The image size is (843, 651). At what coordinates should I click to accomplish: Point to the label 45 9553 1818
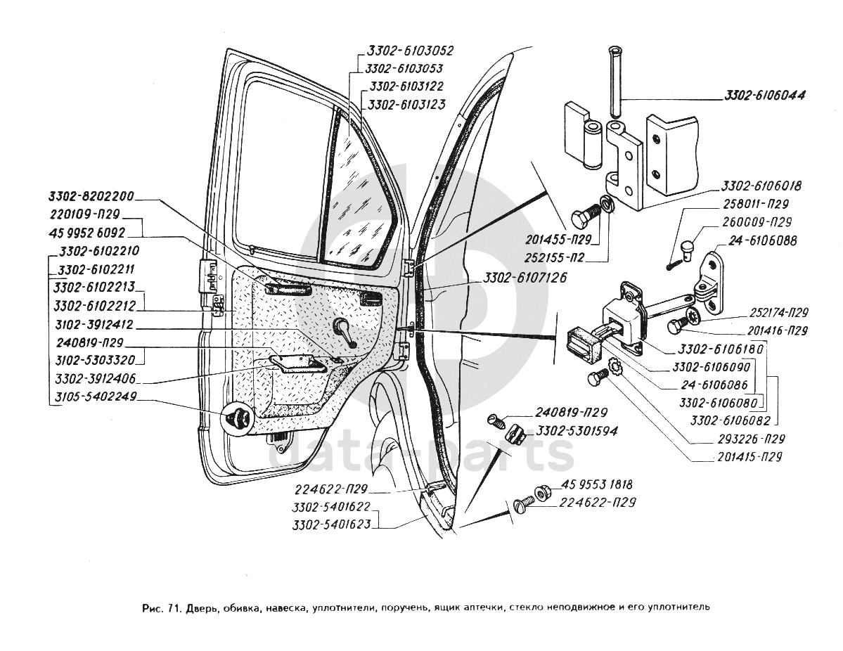[x=597, y=484]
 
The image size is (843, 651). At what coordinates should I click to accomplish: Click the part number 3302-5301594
[x=577, y=431]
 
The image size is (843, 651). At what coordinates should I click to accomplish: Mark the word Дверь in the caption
[x=203, y=605]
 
